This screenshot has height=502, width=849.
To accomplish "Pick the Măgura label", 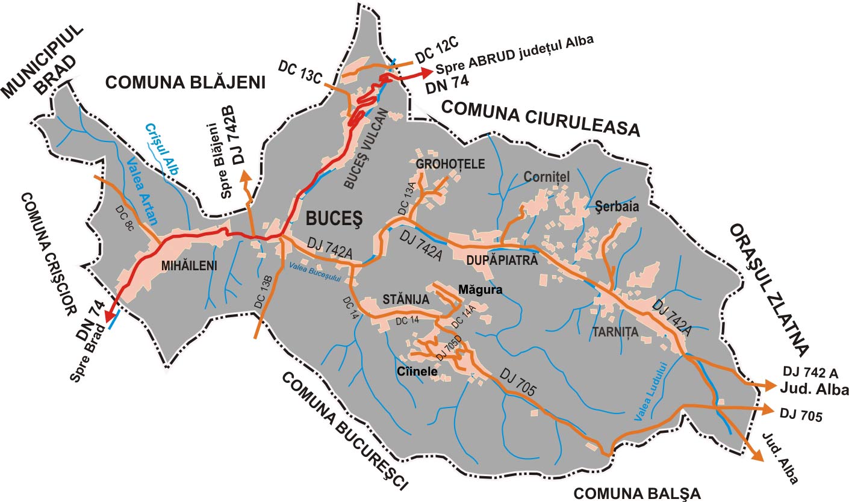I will coord(480,290).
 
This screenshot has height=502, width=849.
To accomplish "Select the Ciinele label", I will coord(417,371).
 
